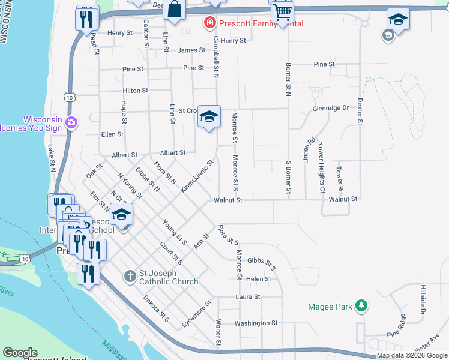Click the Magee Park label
coord(330,307)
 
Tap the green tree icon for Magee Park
coord(361,306)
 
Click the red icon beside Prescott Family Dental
coord(209,23)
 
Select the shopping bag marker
coord(174,10)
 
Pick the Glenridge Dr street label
coord(330,108)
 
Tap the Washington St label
coord(256,323)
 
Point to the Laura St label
coord(248,296)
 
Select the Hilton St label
coord(135,91)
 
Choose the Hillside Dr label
coord(423,301)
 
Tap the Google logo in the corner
coord(20,353)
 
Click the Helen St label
coord(259,279)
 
